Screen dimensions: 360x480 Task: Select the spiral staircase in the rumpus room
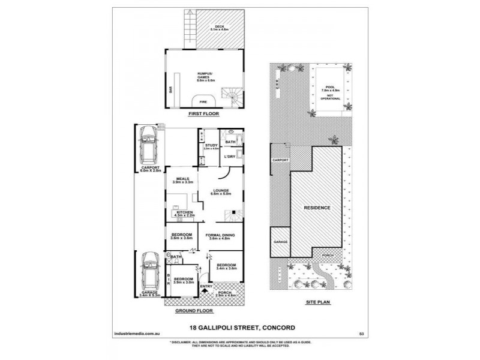point(230,94)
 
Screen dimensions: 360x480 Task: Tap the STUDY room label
point(211,146)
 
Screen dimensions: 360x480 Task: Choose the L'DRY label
point(229,157)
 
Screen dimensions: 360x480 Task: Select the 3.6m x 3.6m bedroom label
point(181,235)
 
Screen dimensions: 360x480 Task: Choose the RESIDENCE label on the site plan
point(317,208)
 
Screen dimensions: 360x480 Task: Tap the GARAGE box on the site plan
point(280,241)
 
